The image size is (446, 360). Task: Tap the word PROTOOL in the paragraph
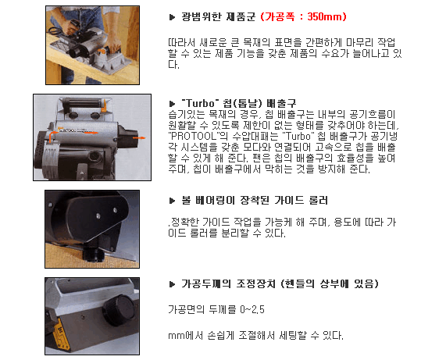(x=194, y=136)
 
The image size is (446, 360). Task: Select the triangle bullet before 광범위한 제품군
(x=172, y=17)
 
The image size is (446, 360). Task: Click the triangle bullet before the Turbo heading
(x=172, y=104)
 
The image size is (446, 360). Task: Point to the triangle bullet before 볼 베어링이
(x=172, y=201)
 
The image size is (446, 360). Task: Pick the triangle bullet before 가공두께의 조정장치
(x=172, y=284)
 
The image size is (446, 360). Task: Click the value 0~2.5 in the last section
(x=252, y=309)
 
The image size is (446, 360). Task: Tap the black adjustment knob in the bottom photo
(x=120, y=309)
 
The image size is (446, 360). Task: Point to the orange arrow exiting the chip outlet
(x=139, y=138)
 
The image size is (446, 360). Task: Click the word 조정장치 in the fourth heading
(x=252, y=283)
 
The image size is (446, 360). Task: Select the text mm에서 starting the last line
(x=185, y=336)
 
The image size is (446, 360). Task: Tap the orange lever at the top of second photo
(x=104, y=105)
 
